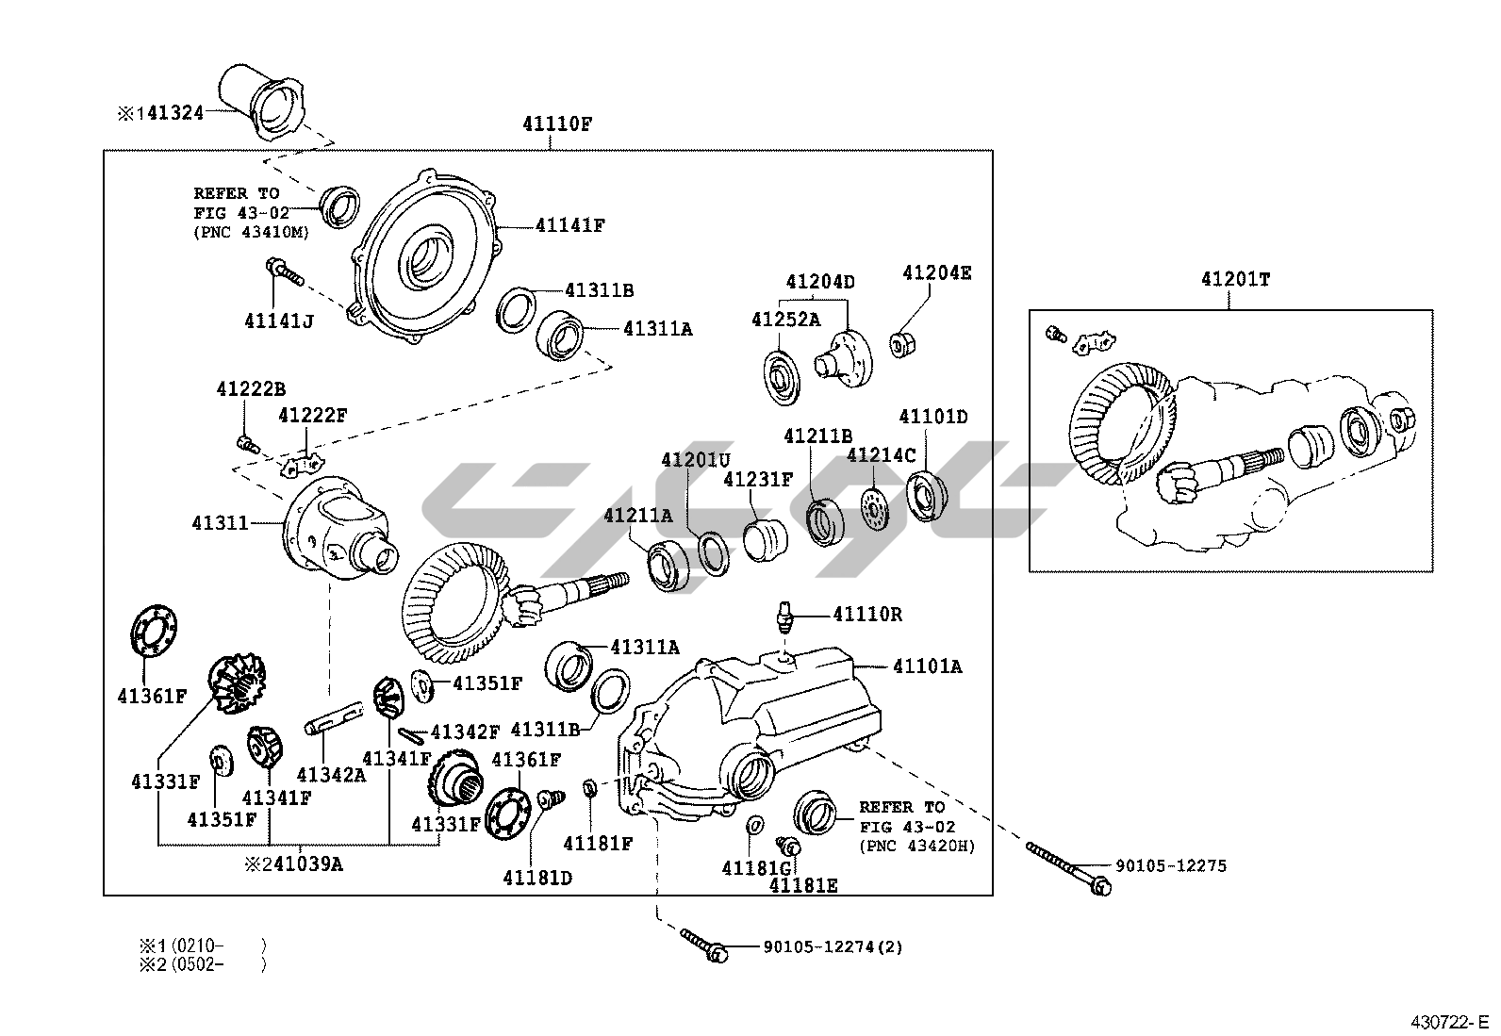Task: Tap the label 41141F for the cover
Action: tap(569, 226)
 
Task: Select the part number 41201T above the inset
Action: tap(1235, 280)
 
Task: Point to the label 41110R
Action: tap(867, 615)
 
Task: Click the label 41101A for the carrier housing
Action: tap(928, 667)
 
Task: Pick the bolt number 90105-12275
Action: tap(1171, 866)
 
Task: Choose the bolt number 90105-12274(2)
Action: tap(833, 946)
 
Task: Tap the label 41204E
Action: tap(936, 273)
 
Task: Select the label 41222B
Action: tap(250, 388)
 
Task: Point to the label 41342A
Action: tap(330, 774)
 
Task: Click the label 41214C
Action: tap(881, 455)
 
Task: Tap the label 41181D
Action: tap(537, 878)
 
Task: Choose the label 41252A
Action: tap(785, 320)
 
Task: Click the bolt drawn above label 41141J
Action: tap(286, 274)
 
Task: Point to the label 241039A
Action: tap(293, 863)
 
